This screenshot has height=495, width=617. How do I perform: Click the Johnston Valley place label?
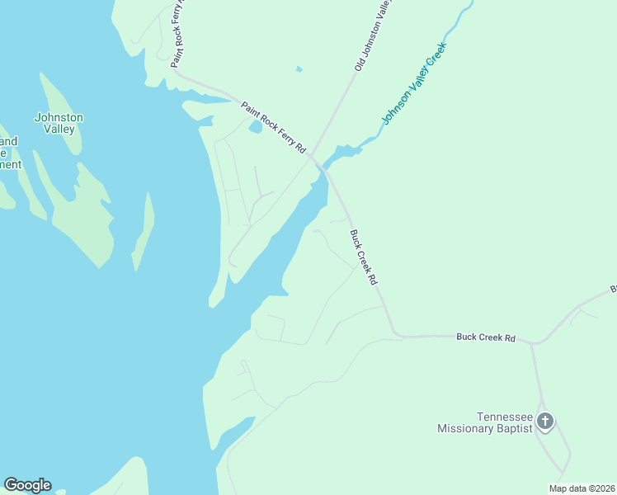click(x=59, y=123)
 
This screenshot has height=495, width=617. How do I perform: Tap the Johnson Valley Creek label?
click(x=413, y=83)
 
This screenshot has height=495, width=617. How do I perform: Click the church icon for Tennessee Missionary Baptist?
click(x=544, y=422)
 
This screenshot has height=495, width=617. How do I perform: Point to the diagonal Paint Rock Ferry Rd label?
click(x=273, y=127)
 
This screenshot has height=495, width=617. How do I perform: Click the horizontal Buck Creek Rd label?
click(x=485, y=337)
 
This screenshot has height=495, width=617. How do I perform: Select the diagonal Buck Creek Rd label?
click(x=363, y=257)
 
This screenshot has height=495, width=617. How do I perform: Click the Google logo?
click(x=27, y=485)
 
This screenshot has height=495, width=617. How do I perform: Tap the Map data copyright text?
click(x=582, y=488)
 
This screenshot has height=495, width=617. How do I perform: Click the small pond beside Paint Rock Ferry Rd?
click(x=255, y=128)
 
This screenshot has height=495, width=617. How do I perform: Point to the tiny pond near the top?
click(x=299, y=68)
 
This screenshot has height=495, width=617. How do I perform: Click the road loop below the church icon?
click(x=553, y=450)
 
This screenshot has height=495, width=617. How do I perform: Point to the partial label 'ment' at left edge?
click(x=10, y=164)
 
